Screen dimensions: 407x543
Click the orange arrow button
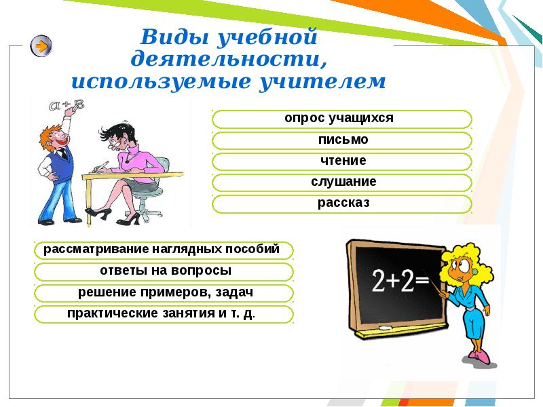click(x=41, y=46)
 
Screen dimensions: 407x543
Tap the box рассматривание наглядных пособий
click(x=163, y=250)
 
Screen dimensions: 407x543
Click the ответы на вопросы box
click(x=163, y=271)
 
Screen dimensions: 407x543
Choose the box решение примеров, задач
click(x=163, y=293)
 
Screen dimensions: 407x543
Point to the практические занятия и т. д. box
click(x=163, y=315)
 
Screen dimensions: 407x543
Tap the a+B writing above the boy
click(x=67, y=105)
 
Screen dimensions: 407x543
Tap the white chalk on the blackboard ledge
click(x=385, y=328)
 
